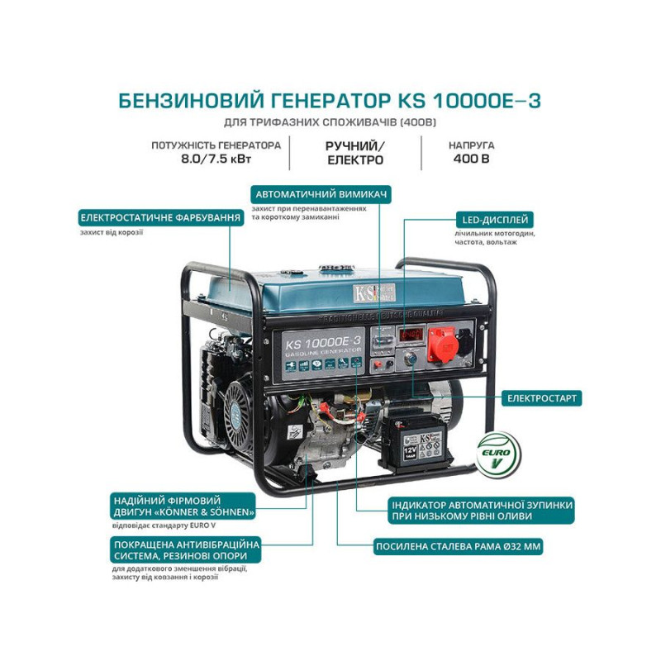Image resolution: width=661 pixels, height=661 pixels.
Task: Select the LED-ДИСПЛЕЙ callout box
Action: (x=494, y=220)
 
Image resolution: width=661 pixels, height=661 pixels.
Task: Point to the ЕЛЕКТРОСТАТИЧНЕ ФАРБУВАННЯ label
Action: (x=161, y=218)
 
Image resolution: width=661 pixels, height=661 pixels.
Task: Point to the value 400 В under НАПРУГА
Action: (x=473, y=159)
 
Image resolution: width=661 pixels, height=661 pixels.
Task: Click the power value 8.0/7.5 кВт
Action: (x=216, y=159)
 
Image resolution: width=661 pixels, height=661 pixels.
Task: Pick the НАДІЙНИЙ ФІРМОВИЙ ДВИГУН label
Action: (x=183, y=506)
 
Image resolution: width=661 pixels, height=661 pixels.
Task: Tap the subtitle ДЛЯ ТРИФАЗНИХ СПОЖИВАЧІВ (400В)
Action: (x=330, y=123)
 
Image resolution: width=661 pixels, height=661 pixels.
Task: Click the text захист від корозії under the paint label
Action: (x=107, y=233)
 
